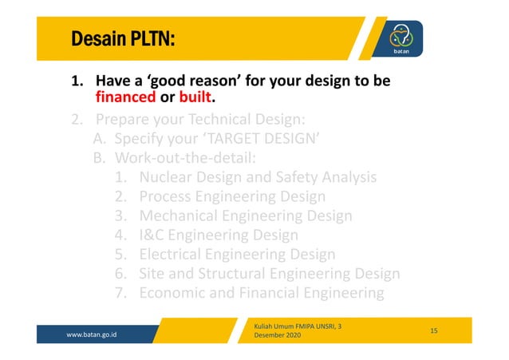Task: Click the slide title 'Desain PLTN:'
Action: pos(123,38)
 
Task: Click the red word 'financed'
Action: pos(125,101)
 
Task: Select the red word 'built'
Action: pos(199,101)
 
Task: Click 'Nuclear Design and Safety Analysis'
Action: pos(258,178)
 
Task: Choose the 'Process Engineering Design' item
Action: pos(232,197)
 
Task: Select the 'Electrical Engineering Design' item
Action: pos(237,255)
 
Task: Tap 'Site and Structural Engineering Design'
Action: pos(269,274)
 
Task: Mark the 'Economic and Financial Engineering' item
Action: pos(261,293)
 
